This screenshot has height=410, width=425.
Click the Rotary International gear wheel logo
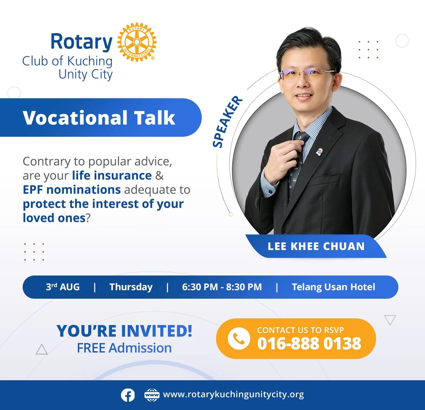[x=137, y=42]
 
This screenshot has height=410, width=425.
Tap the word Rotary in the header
[x=82, y=42]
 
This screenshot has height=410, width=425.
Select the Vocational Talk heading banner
[x=101, y=118]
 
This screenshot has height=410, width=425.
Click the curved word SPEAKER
[x=227, y=122]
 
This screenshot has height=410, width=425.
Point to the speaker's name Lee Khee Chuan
[x=316, y=246]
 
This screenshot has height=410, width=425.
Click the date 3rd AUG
[x=63, y=287]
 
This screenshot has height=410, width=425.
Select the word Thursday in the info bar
[x=131, y=287]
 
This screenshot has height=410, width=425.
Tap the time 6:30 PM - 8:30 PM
[x=222, y=287]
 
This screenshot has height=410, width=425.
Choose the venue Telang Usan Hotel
[x=333, y=287]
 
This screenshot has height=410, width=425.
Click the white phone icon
[x=239, y=338]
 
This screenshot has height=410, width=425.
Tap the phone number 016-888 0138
[x=309, y=343]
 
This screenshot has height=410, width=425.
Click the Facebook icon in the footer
[x=128, y=395]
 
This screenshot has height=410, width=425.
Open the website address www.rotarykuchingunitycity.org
[x=233, y=394]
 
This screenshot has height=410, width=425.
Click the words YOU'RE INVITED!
[x=124, y=331]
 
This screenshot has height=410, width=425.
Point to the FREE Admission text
[x=124, y=348]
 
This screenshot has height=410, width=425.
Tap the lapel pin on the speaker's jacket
[x=319, y=152]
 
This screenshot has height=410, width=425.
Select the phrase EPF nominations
[x=72, y=189]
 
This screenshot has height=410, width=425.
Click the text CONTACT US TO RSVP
[x=300, y=330]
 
